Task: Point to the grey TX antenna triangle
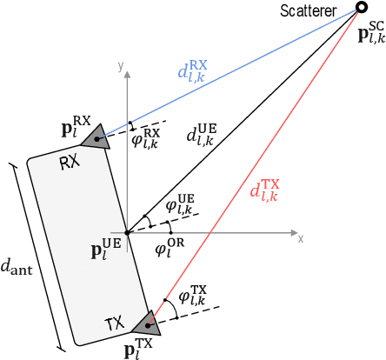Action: click(x=146, y=322)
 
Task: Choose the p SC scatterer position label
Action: click(x=369, y=36)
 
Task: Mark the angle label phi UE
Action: click(x=175, y=205)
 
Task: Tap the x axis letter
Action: click(x=300, y=237)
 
